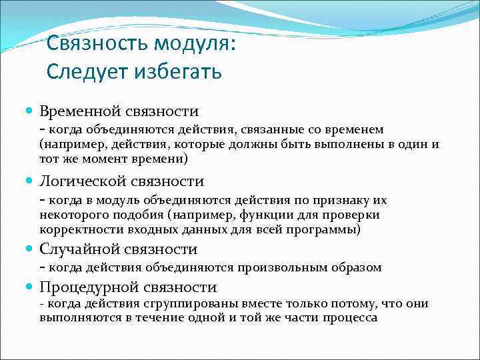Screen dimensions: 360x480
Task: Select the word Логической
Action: click(84, 181)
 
